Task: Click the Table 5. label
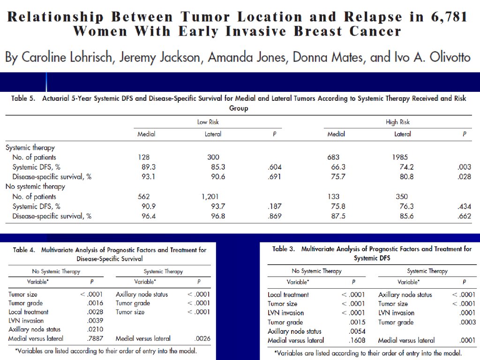click(x=23, y=99)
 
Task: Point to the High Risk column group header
click(x=397, y=122)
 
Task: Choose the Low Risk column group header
click(x=208, y=122)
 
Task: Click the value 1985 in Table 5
click(x=397, y=157)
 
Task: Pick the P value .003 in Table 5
click(x=465, y=167)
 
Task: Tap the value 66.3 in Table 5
click(x=338, y=167)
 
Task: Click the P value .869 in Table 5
click(x=274, y=216)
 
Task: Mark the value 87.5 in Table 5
click(x=338, y=216)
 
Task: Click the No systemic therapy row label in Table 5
click(x=35, y=187)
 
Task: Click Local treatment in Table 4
click(x=28, y=312)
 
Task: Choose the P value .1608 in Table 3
click(x=356, y=340)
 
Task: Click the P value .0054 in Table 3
click(x=356, y=331)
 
